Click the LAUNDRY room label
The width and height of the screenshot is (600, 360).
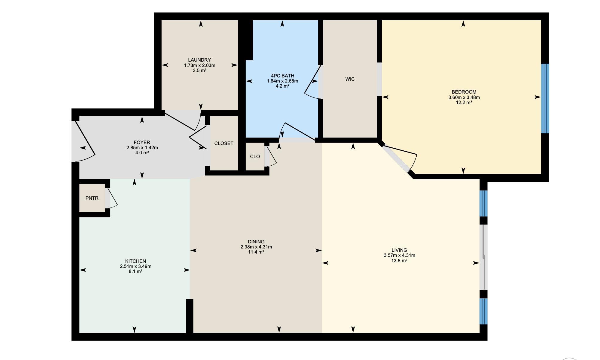click(200, 60)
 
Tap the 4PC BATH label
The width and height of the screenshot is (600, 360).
click(282, 76)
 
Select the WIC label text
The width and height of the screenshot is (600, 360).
click(350, 79)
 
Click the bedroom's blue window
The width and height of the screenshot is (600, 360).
click(545, 98)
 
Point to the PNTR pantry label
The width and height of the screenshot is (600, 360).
click(92, 198)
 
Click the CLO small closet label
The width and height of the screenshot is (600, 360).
click(255, 156)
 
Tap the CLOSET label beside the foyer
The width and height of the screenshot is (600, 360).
click(224, 143)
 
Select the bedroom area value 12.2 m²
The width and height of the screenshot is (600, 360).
click(464, 102)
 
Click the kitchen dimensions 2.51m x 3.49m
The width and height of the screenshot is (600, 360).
click(135, 266)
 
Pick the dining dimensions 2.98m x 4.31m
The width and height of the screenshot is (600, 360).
click(256, 247)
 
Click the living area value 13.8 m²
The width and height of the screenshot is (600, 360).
click(399, 260)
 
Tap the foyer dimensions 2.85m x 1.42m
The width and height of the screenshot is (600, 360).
click(142, 147)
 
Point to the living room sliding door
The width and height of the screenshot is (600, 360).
click(484, 257)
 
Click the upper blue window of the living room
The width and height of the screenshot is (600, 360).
click(484, 203)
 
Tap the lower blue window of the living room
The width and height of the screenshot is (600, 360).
click(484, 311)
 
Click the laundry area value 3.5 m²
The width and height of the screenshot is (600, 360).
click(200, 71)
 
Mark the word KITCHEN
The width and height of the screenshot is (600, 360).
click(135, 261)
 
